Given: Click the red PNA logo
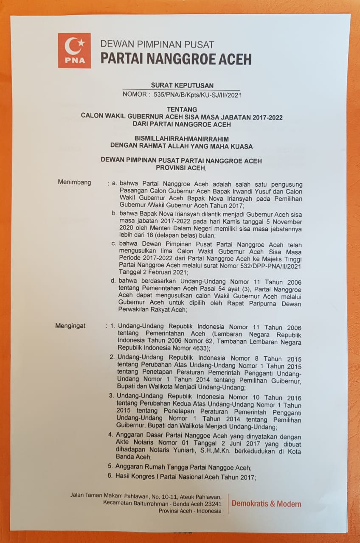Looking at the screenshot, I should (74, 50).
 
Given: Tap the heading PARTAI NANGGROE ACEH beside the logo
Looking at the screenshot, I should (176, 59).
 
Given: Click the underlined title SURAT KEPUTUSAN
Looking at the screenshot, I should (182, 86).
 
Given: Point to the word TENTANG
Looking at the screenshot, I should (182, 109).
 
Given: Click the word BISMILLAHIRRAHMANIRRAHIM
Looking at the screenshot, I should (181, 139).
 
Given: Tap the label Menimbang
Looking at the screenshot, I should (74, 183).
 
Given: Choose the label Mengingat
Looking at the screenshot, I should (70, 326).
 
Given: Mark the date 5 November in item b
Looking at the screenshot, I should (285, 222).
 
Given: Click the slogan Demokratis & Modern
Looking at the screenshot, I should (266, 504).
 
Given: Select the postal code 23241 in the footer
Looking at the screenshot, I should (213, 504).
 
